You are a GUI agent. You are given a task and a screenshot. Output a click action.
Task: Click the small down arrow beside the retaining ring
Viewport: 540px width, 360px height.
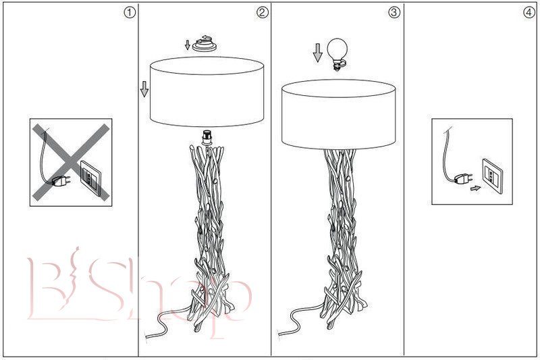click(x=188, y=45)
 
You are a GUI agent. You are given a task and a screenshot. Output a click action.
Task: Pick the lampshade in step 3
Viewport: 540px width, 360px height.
click(x=337, y=111)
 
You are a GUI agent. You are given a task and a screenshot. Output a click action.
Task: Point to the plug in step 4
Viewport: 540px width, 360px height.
click(x=463, y=178)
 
